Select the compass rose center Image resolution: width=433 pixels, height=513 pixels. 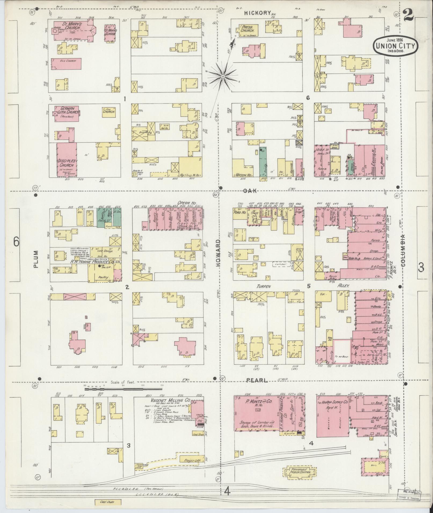point(223,77)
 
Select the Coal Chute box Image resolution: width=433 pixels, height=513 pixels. point(107,502)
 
